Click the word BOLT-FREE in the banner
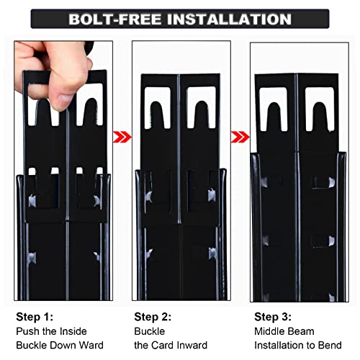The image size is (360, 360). [x=115, y=19]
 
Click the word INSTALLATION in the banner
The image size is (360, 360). [x=229, y=19]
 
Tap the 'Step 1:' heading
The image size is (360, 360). [x=35, y=317]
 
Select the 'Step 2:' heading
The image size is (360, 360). [x=153, y=317]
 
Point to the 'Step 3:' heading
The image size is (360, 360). [x=273, y=317]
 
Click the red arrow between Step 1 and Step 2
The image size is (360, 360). [x=122, y=137]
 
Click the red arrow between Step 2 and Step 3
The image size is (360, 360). [x=240, y=137]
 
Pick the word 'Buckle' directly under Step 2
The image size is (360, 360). [x=150, y=331]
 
